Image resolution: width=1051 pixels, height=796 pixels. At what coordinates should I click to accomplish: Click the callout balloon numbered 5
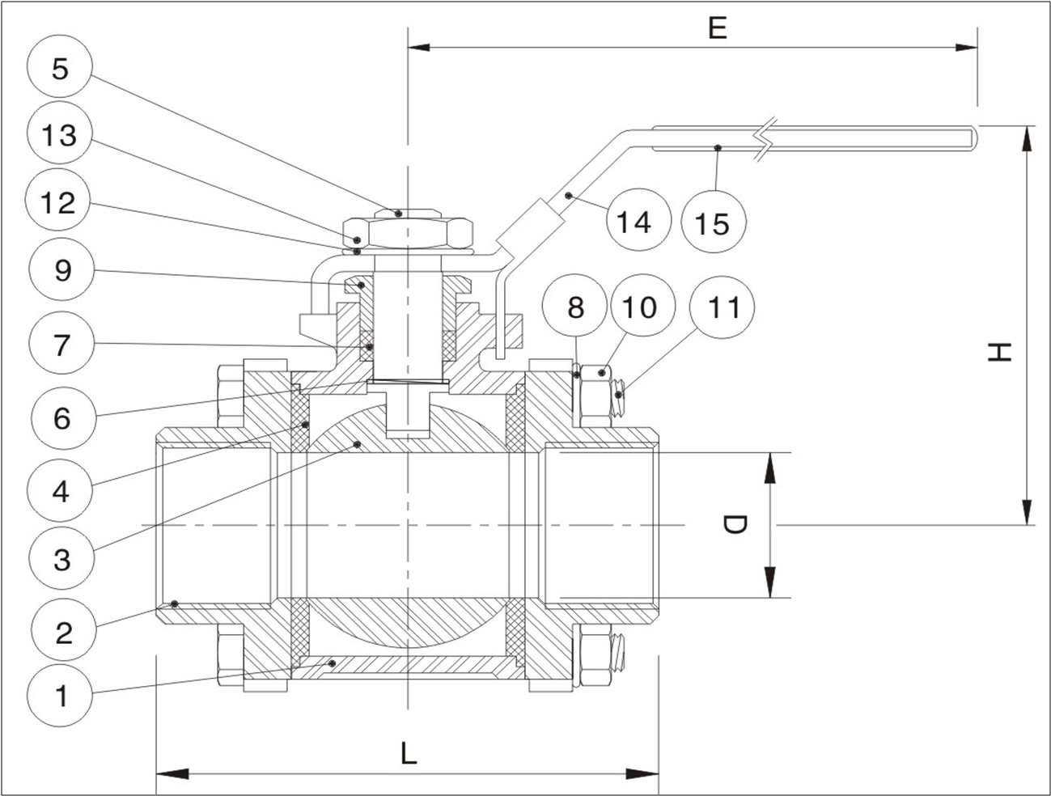pyautogui.click(x=61, y=67)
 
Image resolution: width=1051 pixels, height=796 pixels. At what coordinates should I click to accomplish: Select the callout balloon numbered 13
pyautogui.click(x=61, y=134)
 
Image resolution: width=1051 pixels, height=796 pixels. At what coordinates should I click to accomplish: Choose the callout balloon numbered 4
pyautogui.click(x=61, y=490)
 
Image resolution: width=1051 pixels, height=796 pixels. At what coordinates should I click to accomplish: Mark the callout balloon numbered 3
pyautogui.click(x=61, y=559)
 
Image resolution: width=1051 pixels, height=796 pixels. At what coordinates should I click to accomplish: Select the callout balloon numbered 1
pyautogui.click(x=61, y=695)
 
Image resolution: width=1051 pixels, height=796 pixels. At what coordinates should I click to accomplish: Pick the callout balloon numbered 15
pyautogui.click(x=713, y=222)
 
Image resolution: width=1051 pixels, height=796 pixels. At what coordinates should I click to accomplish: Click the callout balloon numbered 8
pyautogui.click(x=576, y=307)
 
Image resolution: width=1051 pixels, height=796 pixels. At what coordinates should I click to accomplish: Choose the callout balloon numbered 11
pyautogui.click(x=723, y=307)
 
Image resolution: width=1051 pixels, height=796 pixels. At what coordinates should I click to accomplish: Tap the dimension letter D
pyautogui.click(x=733, y=526)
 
